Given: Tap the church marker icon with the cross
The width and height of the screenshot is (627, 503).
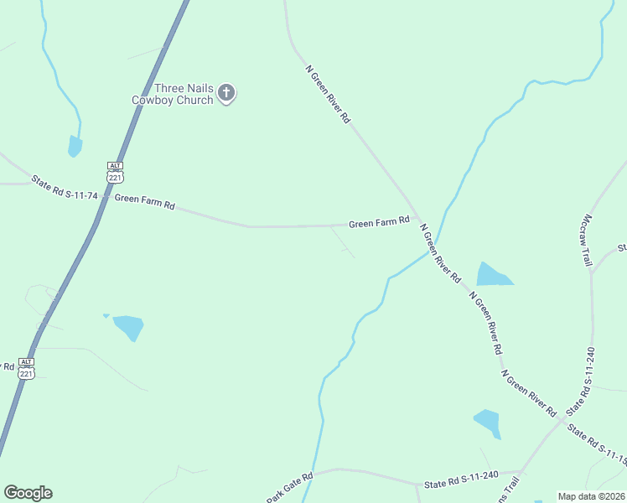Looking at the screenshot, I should pyautogui.click(x=226, y=93).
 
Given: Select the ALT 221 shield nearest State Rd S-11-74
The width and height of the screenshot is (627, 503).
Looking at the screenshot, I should pyautogui.click(x=116, y=172).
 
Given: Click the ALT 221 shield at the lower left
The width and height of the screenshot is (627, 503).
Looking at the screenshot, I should pyautogui.click(x=27, y=367).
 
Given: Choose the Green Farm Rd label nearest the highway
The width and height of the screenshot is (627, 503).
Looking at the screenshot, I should pyautogui.click(x=144, y=202).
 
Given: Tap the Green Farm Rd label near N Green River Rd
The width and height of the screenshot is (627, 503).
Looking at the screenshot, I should pyautogui.click(x=379, y=222).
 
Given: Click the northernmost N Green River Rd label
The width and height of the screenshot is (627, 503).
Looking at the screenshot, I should pyautogui.click(x=327, y=95).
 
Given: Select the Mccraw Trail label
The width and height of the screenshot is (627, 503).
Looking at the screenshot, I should pyautogui.click(x=587, y=239).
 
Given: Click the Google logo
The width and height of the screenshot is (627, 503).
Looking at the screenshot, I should pyautogui.click(x=28, y=493).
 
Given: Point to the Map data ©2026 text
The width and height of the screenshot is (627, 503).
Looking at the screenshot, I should pyautogui.click(x=591, y=496).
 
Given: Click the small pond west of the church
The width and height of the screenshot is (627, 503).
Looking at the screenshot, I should pyautogui.click(x=75, y=147).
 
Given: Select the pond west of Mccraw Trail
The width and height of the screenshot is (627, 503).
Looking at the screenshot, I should pyautogui.click(x=492, y=274).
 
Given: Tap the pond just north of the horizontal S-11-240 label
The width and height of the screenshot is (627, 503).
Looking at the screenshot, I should pyautogui.click(x=488, y=422).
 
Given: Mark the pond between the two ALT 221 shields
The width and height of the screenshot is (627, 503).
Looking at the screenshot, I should pyautogui.click(x=129, y=325).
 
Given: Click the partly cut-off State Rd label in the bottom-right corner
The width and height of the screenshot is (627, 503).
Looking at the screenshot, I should pyautogui.click(x=597, y=444).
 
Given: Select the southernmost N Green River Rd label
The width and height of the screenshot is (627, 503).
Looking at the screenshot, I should pyautogui.click(x=529, y=392).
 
